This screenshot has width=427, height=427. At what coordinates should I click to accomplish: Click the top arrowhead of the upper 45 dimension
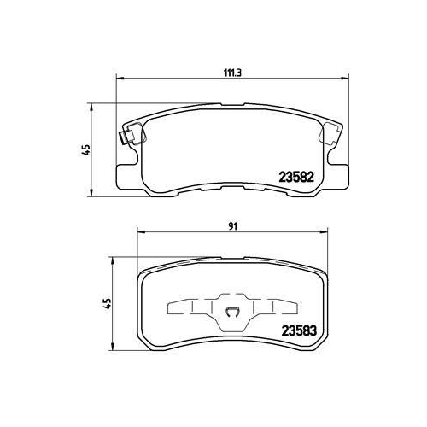[91, 107]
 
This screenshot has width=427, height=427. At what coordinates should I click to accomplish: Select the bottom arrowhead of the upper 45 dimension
[91, 190]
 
